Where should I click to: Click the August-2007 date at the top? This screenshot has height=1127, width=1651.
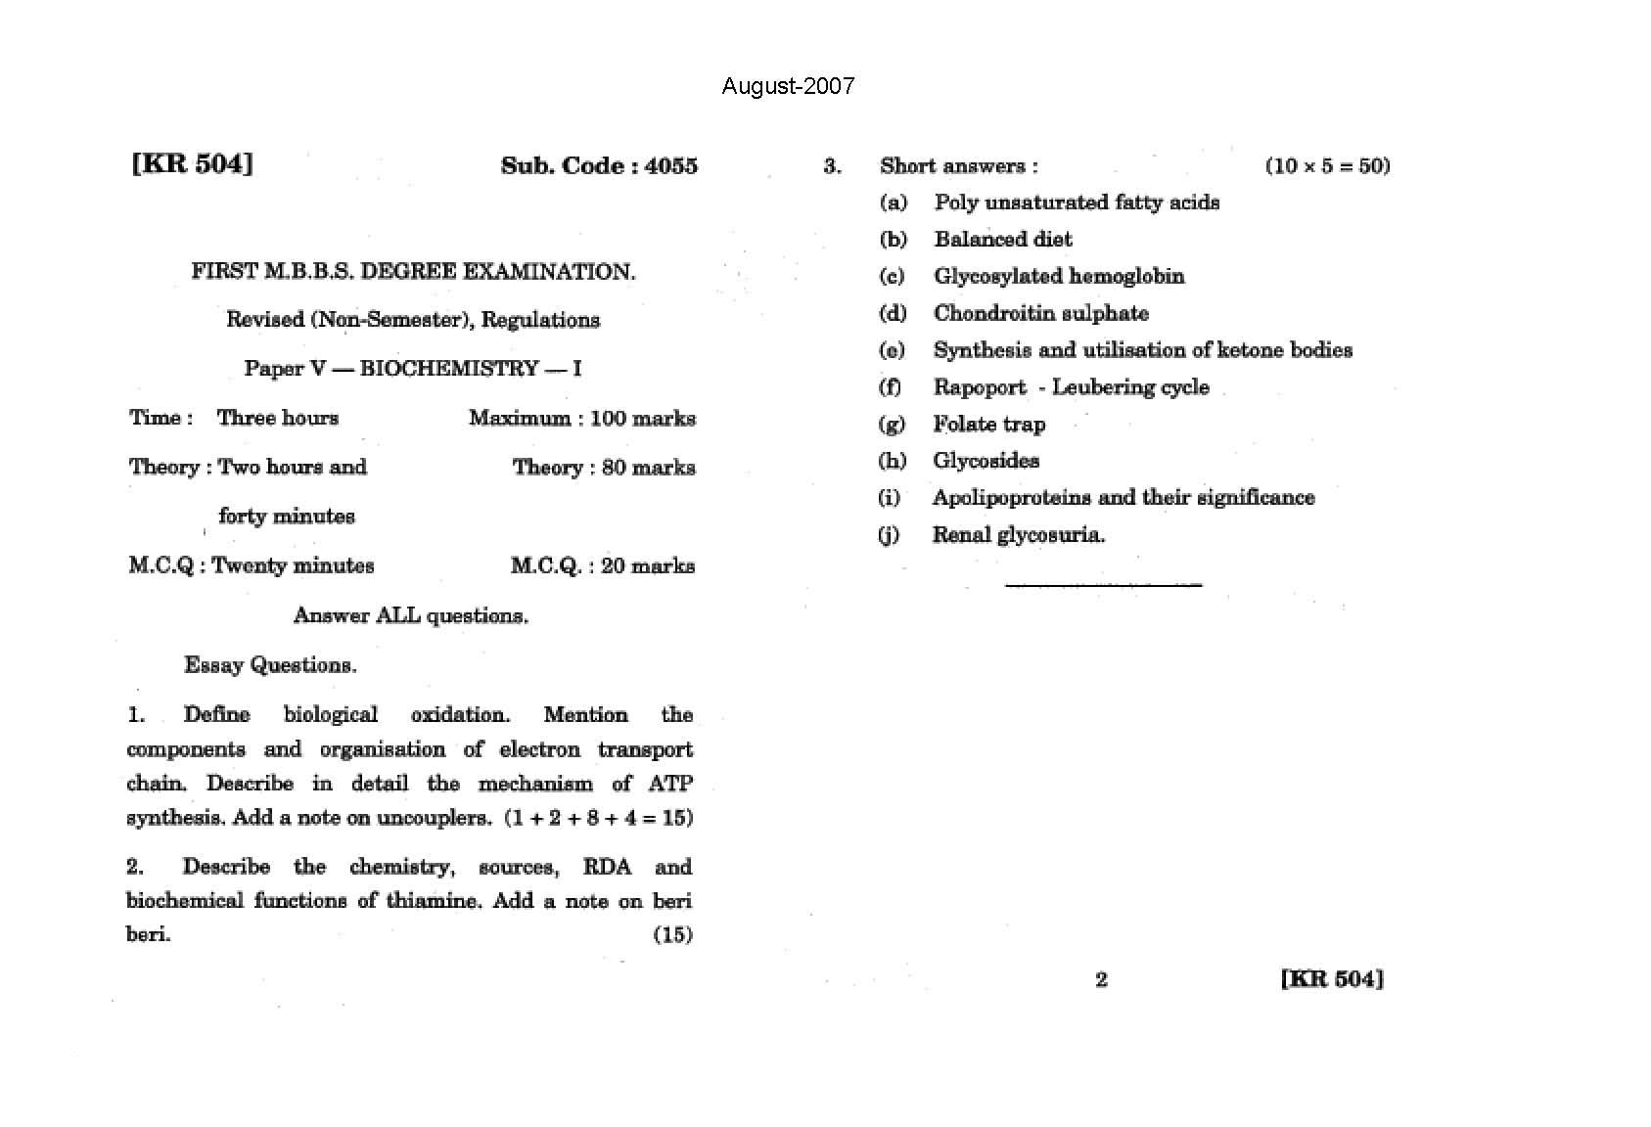tap(788, 86)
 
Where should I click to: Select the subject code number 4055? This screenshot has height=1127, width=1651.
tap(671, 165)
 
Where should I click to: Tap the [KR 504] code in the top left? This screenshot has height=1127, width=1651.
tap(192, 163)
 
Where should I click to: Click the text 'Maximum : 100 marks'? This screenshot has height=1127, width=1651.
tap(582, 419)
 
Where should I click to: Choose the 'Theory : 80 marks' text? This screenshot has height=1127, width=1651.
tap(604, 468)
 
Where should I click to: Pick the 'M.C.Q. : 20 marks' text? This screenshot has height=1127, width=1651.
tap(603, 566)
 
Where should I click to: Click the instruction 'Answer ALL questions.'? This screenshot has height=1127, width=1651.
tap(411, 615)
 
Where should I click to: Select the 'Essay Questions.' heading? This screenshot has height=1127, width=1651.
tap(270, 665)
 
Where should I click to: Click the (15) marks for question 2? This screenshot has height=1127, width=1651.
tap(672, 934)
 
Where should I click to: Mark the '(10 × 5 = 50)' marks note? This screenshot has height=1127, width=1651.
tap(1327, 165)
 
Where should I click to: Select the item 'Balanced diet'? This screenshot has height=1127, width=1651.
tap(1003, 240)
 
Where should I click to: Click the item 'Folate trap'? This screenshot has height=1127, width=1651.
tap(988, 425)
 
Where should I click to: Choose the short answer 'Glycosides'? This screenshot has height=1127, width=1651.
tap(986, 461)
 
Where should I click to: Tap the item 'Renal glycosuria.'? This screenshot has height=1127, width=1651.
tap(1018, 535)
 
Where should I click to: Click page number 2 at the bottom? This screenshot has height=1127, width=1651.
tap(1101, 979)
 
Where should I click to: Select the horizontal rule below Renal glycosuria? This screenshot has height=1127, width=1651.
tap(1103, 585)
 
